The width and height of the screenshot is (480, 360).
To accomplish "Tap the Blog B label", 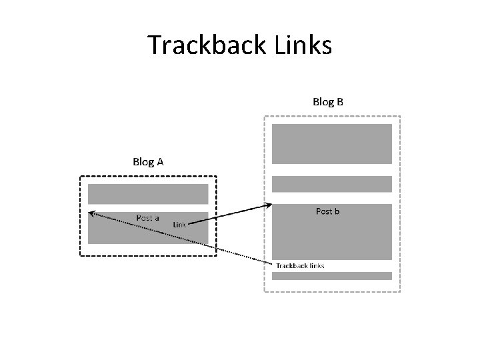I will [x=328, y=102].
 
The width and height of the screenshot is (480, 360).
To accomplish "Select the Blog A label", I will [x=149, y=161].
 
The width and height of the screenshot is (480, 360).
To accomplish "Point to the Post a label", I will [x=147, y=218].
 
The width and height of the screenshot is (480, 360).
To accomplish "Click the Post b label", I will [x=327, y=211].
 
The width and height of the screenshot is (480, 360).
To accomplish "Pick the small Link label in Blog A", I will [x=179, y=225].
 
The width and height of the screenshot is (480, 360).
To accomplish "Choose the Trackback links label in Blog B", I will [x=300, y=265].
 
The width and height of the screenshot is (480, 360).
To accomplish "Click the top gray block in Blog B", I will [x=331, y=143].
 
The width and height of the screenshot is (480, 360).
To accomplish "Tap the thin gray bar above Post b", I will [x=331, y=184].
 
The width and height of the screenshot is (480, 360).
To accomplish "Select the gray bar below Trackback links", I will [x=331, y=275].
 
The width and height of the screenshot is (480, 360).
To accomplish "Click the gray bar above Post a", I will [x=148, y=194].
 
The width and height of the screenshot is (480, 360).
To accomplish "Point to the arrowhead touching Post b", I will [x=268, y=205].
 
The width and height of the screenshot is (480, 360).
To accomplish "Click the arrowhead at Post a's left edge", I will [x=92, y=214].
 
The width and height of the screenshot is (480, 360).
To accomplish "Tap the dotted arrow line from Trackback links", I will [x=200, y=243].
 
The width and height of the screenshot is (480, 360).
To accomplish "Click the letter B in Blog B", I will [x=340, y=102].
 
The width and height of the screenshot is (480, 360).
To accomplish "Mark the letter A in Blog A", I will [x=160, y=161].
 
